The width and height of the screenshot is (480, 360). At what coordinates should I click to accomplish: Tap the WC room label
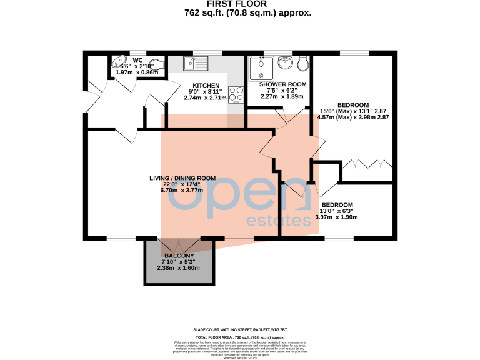137,60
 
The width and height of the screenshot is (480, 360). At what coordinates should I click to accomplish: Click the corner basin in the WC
118,62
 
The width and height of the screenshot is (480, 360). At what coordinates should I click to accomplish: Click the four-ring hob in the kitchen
236,94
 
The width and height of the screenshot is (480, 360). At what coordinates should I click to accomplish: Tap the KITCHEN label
206,85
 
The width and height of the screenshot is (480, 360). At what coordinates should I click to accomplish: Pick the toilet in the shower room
303,62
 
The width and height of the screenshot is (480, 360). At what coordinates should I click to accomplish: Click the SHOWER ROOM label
282,84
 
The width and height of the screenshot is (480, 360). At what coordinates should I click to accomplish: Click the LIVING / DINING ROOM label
182,178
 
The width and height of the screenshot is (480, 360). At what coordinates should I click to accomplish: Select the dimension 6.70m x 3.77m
182,191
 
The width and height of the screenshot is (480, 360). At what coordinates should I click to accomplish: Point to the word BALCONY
179,256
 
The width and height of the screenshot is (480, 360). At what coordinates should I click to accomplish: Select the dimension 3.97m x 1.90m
337,217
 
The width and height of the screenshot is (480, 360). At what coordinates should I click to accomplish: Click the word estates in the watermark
279,221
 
